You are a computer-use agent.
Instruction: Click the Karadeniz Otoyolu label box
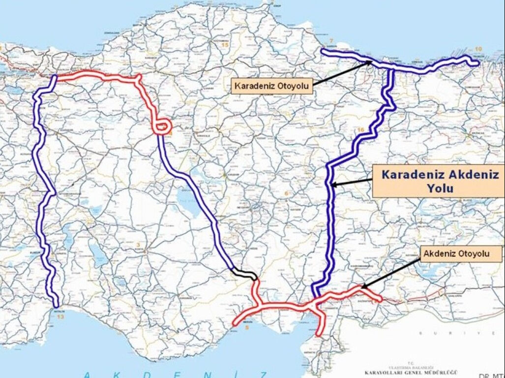click(x=272, y=87)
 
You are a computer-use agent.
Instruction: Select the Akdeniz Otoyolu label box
click(x=462, y=254)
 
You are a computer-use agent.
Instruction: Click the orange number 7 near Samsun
click(x=331, y=40)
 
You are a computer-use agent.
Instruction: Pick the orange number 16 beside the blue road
click(x=361, y=129)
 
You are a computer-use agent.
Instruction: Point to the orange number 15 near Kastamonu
click(x=225, y=45)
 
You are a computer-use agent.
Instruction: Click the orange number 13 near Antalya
click(x=60, y=317)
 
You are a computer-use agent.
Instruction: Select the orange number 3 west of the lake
click(x=139, y=244)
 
